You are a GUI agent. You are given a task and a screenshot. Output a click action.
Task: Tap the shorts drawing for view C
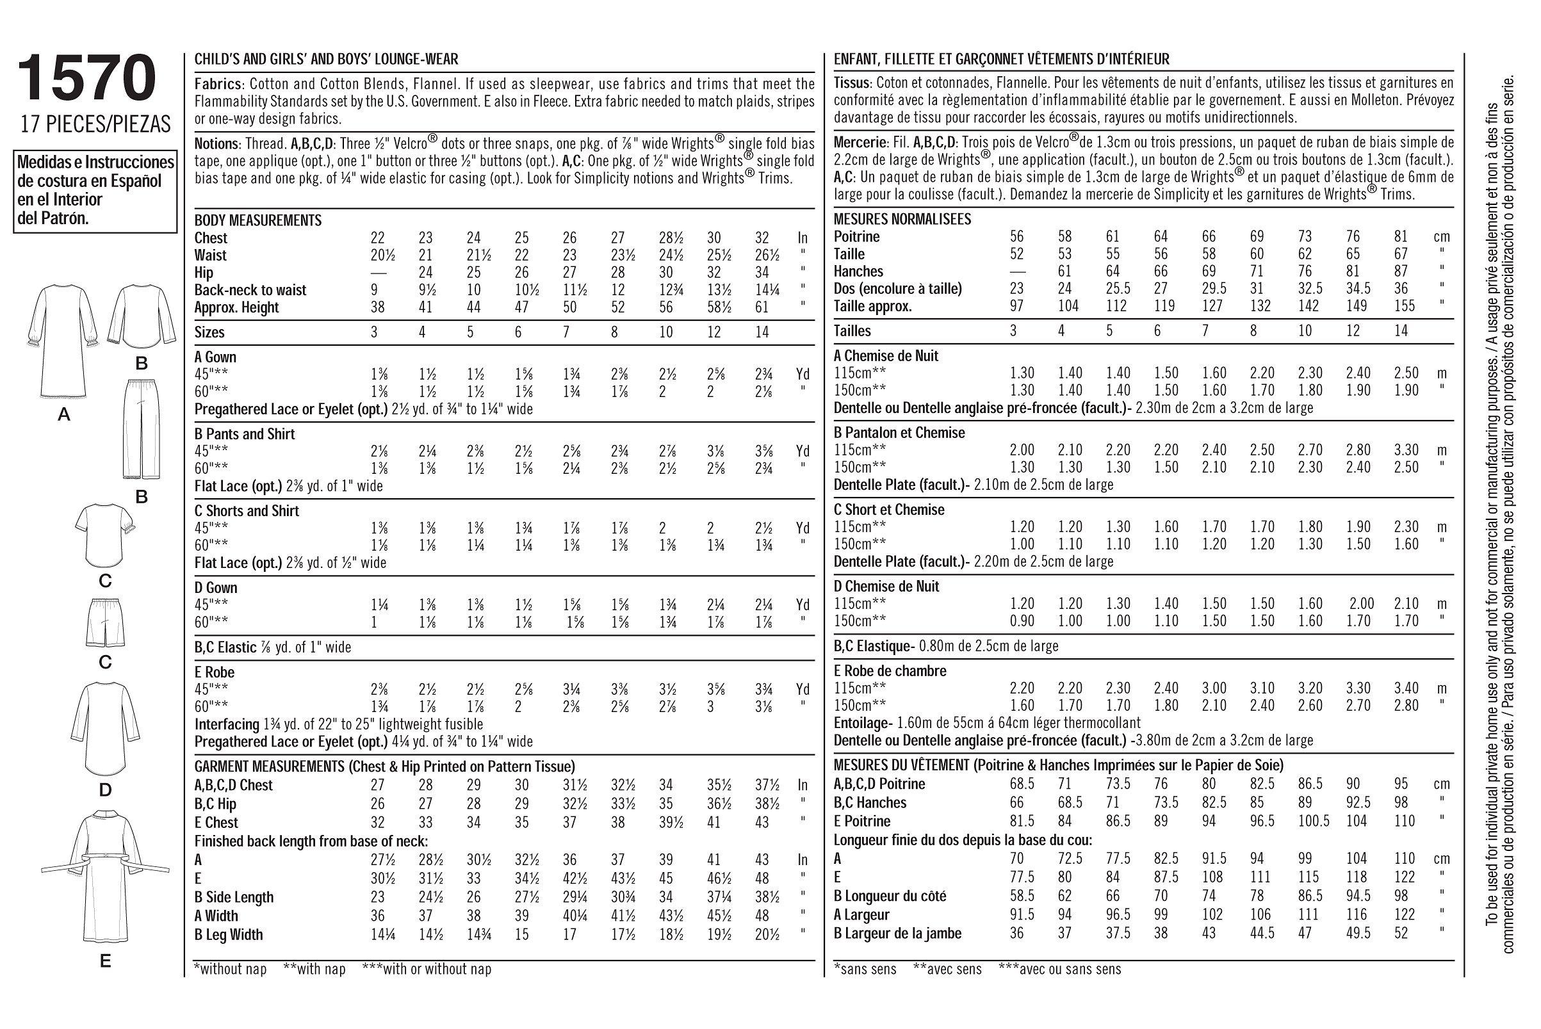coord(105,622)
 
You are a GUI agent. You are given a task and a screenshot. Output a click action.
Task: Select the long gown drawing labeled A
coord(63,345)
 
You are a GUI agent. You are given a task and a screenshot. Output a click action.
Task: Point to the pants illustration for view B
coord(141,426)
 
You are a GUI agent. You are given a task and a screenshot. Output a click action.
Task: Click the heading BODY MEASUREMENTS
coord(258,220)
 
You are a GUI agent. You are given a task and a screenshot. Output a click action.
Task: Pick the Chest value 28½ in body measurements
coord(669,238)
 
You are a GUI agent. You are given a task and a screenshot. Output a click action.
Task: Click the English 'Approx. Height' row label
coord(236,307)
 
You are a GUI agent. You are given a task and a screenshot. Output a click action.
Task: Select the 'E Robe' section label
coord(215,672)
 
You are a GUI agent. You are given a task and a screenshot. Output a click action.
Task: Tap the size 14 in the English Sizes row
coord(762,332)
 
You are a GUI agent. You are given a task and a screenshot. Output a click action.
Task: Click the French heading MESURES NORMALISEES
coord(893,219)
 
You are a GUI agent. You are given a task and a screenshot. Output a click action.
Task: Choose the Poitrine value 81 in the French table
coord(1401,237)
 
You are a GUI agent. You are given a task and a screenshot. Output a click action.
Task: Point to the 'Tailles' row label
coord(852,331)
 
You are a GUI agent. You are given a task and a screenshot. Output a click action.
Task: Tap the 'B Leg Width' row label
coord(229,934)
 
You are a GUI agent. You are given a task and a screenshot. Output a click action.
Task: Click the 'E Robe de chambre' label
coord(890,670)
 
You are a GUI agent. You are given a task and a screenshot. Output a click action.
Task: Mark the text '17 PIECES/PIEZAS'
coord(95,124)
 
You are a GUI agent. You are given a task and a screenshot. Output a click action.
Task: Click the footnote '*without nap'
coord(231,969)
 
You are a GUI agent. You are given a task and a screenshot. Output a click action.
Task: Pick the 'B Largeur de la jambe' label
coord(897,933)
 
